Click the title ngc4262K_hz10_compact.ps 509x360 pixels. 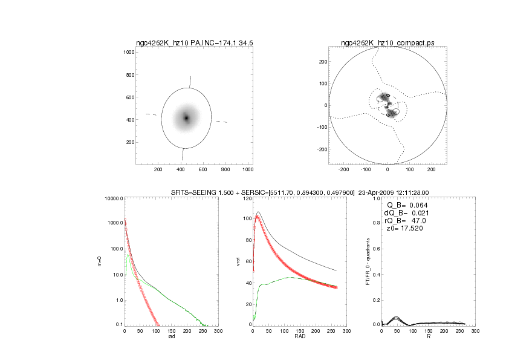[x=387, y=43]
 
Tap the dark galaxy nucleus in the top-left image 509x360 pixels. [x=186, y=118]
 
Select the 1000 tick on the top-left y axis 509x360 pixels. [x=128, y=53]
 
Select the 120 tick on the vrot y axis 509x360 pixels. [x=247, y=199]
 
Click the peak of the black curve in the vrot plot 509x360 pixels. [x=258, y=212]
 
